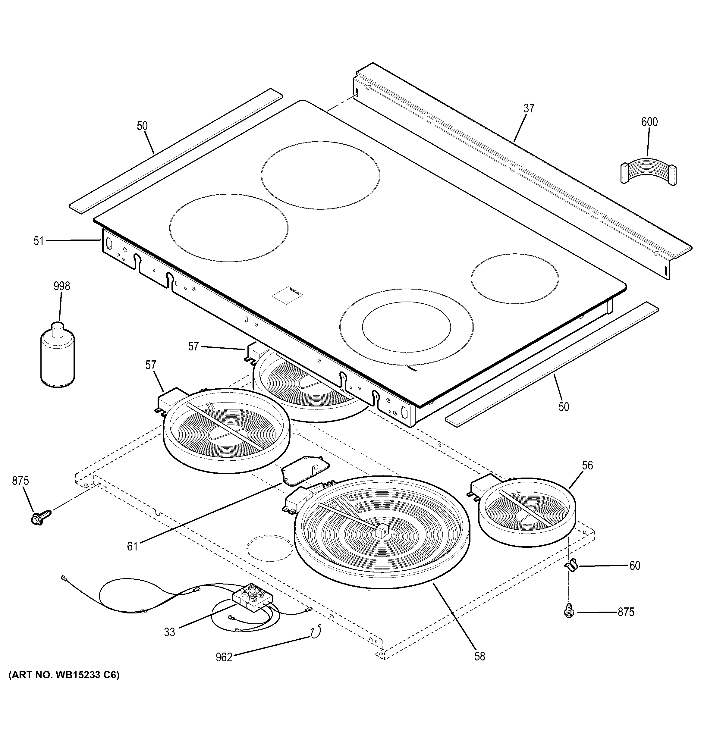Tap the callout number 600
coord(649,122)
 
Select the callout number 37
coord(529,108)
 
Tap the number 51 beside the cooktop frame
coord(39,241)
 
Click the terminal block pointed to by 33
coord(251,604)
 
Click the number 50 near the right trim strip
coord(564,407)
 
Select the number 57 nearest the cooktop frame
coord(193,346)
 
